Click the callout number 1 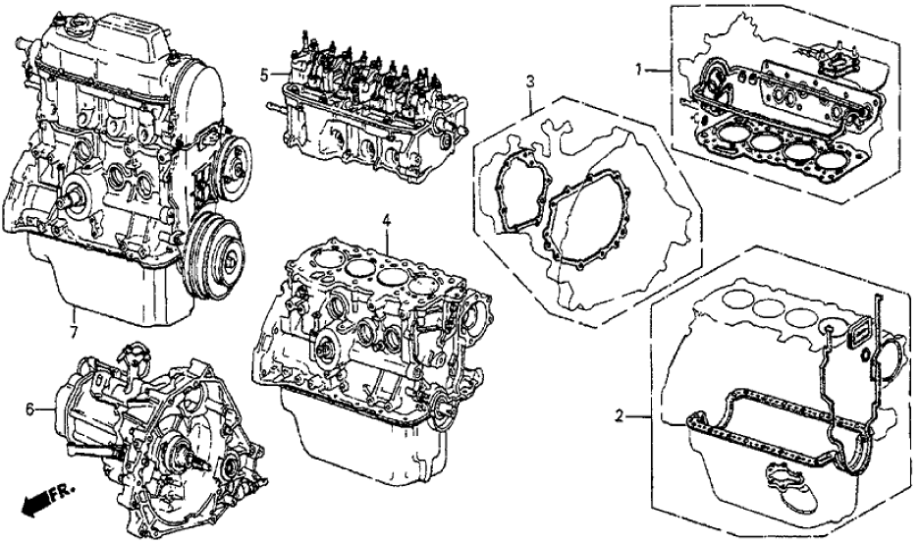(639, 70)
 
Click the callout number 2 (620, 416)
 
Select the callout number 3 (529, 81)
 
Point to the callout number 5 (264, 74)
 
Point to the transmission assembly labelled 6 (162, 432)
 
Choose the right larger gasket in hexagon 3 (604, 226)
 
